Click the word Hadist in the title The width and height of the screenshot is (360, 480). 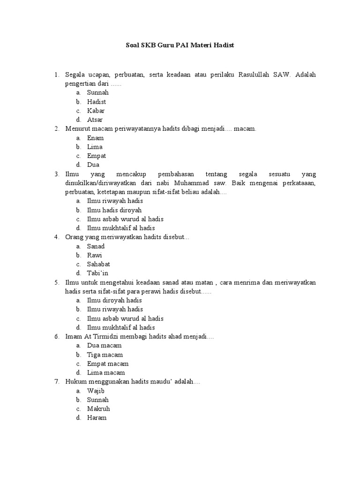click(x=222, y=45)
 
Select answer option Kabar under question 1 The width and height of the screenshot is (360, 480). click(x=96, y=111)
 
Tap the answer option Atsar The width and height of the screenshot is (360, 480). click(x=95, y=120)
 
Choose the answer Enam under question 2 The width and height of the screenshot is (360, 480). click(x=95, y=138)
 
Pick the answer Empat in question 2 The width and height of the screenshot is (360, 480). click(x=97, y=156)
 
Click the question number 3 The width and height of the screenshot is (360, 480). click(x=56, y=174)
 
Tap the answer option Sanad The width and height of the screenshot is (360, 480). click(x=96, y=246)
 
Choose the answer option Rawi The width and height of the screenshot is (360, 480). click(x=95, y=255)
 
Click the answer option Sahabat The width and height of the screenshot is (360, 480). click(x=98, y=264)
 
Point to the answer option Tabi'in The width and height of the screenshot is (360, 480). click(x=97, y=273)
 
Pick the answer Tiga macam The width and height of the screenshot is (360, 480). click(x=105, y=355)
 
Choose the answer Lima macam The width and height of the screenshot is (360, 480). click(x=106, y=373)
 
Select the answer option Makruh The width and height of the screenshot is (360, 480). click(x=98, y=409)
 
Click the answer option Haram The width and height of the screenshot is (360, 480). click(x=97, y=418)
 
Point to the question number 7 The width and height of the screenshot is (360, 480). click(x=56, y=382)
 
